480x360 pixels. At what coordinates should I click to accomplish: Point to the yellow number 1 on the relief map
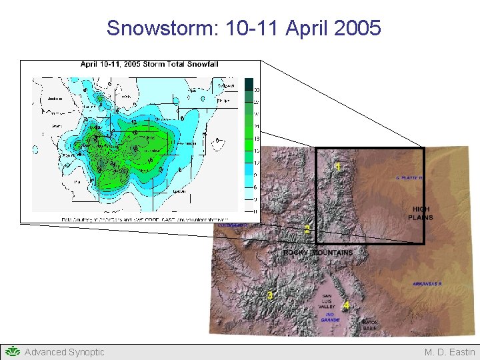(x=339, y=167)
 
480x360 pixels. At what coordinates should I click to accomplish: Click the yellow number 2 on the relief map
(x=307, y=230)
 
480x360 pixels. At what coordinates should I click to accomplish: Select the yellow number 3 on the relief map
(x=269, y=295)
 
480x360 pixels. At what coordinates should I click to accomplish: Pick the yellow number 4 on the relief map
(x=345, y=306)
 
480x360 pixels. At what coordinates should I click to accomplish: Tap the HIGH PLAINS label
(x=420, y=213)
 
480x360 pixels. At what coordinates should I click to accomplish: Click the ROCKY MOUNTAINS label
(x=318, y=253)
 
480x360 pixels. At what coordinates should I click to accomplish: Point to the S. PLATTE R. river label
(x=409, y=178)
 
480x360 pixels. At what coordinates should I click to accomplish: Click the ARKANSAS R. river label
(x=427, y=284)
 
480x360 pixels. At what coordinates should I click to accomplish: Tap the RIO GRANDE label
(x=330, y=317)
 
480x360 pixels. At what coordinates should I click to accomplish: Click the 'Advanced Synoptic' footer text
(x=64, y=352)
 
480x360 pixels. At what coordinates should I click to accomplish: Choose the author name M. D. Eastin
(x=449, y=352)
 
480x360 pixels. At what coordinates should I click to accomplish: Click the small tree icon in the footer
(x=12, y=351)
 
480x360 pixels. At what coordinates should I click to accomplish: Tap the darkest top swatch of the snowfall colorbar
(x=249, y=83)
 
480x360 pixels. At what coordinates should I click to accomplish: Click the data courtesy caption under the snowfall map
(x=144, y=219)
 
